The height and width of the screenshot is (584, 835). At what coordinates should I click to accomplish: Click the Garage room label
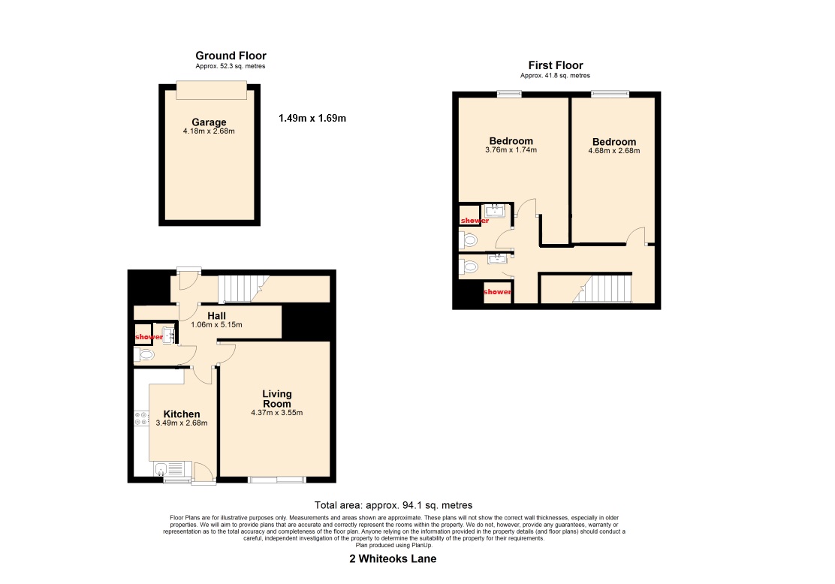(x=209, y=122)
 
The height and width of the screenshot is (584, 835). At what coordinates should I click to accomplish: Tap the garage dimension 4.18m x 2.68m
(x=209, y=131)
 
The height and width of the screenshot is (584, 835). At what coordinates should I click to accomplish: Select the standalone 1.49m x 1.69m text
(x=312, y=118)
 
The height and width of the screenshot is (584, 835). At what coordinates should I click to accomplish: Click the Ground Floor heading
(x=231, y=56)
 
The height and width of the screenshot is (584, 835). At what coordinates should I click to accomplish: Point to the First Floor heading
(x=556, y=65)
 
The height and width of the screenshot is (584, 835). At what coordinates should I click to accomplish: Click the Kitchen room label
(x=182, y=414)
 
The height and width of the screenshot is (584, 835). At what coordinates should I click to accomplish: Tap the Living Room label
(x=277, y=399)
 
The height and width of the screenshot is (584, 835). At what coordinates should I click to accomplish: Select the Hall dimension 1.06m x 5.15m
(x=216, y=325)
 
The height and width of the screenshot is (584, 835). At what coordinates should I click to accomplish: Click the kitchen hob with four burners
(x=141, y=418)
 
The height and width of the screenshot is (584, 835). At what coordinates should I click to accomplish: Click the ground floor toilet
(x=144, y=354)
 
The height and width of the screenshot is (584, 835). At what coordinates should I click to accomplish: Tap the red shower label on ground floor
(x=149, y=337)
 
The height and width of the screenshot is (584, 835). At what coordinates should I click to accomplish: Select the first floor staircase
(x=602, y=288)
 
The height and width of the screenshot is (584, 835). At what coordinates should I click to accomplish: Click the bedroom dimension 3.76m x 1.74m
(x=511, y=150)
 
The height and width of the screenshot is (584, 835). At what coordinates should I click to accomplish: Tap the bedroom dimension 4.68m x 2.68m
(x=614, y=151)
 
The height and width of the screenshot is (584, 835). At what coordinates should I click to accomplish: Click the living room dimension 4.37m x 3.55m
(x=277, y=413)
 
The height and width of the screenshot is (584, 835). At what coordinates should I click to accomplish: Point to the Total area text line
(x=393, y=505)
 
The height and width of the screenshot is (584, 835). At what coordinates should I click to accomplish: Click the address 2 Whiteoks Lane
(x=393, y=559)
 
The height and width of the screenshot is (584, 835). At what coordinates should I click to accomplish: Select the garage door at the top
(x=212, y=90)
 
